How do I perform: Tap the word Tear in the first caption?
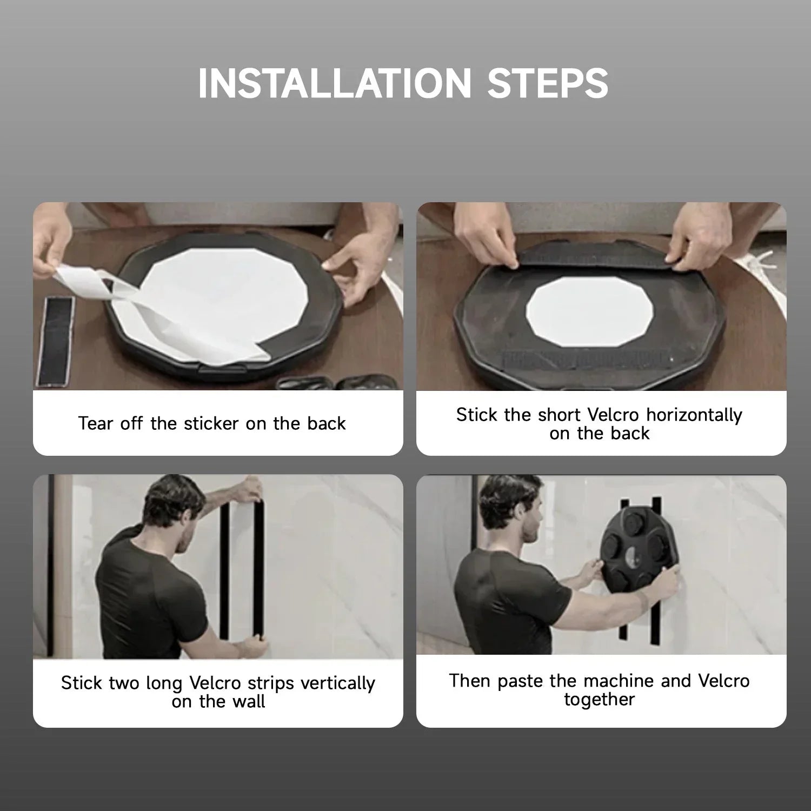(x=96, y=423)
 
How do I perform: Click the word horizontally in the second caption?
(x=694, y=415)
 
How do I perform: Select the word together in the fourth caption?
(x=599, y=700)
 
